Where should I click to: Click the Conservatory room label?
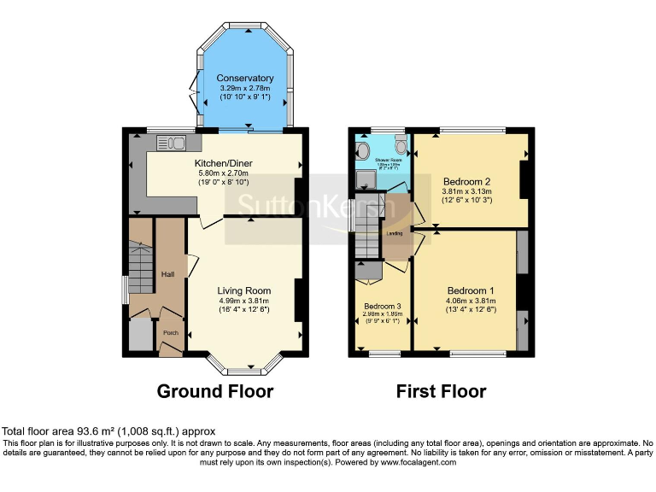[244, 79]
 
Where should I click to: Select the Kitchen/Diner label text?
[224, 163]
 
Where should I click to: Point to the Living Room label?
[243, 290]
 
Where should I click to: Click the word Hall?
[168, 273]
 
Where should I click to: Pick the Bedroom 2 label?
[466, 181]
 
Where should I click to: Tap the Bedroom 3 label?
[383, 306]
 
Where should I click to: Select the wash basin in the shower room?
[362, 151]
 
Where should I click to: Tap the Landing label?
[394, 232]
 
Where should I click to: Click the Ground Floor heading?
[214, 391]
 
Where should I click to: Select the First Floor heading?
[441, 391]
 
